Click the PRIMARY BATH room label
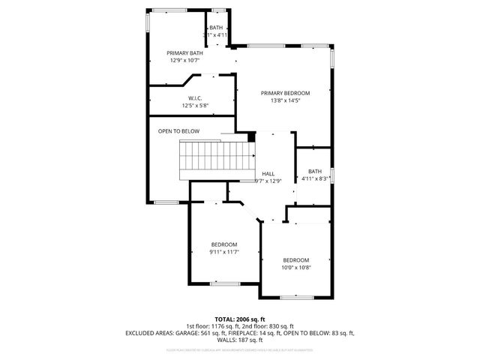point(184,53)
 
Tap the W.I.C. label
point(195,98)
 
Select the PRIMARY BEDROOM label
point(285,93)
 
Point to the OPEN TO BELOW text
point(178,131)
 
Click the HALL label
point(268,174)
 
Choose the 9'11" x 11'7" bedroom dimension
point(223,252)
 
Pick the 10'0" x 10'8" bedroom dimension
point(296,268)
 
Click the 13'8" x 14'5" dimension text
point(285,100)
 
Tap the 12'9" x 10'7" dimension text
point(184,61)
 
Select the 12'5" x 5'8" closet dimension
point(195,106)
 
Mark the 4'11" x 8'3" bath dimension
point(315,178)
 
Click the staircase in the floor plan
point(214,160)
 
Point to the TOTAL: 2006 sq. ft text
point(239,319)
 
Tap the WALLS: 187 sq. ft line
point(240,339)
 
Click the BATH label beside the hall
point(315,171)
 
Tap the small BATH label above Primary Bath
point(216,28)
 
